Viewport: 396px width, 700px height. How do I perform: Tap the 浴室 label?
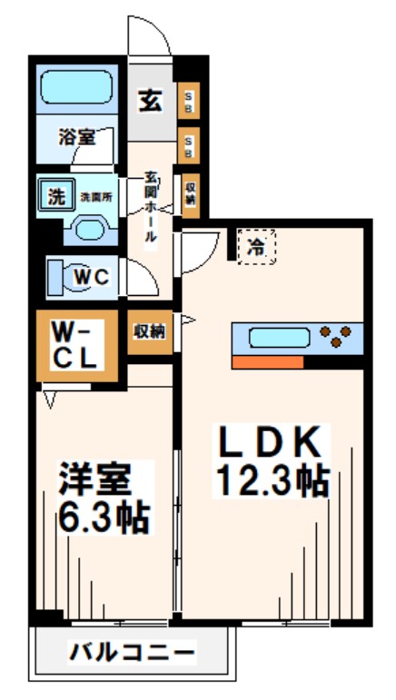(76, 138)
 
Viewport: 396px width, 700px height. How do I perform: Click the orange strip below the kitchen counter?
(267, 362)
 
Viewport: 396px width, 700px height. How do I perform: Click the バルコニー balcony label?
(132, 652)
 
